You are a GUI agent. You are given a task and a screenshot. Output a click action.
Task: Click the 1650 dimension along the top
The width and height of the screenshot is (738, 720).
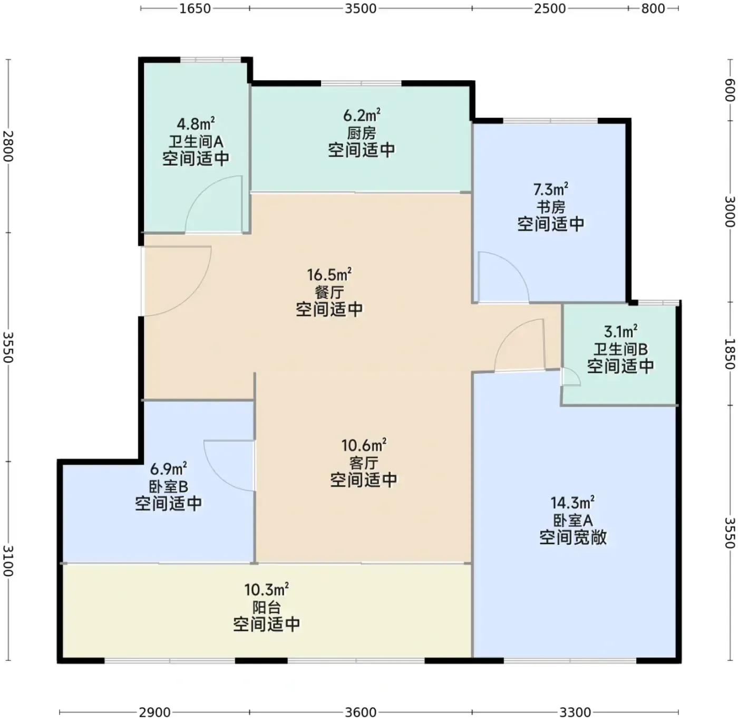195,8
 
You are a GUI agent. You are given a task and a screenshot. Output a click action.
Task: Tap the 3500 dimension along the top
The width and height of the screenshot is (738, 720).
360,8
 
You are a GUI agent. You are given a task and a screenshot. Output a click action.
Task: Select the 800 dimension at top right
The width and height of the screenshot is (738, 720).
653,8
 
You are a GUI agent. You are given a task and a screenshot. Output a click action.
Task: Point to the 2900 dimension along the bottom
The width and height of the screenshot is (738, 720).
155,713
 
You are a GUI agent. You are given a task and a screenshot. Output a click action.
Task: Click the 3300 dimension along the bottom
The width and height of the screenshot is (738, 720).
575,713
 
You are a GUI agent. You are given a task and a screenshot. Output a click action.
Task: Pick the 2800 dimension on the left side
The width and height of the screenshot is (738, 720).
8,146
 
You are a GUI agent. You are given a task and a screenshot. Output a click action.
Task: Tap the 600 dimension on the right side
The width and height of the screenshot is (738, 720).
730,90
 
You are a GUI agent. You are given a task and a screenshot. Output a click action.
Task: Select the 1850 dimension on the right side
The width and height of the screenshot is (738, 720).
730,354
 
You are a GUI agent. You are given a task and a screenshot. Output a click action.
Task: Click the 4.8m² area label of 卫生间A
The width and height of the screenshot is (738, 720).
196,123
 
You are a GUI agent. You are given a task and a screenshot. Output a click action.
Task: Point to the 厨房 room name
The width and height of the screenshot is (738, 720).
362,133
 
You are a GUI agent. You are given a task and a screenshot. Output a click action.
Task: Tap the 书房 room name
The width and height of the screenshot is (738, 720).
551,207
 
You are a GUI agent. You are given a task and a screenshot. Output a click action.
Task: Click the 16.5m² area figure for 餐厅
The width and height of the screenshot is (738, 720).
329,274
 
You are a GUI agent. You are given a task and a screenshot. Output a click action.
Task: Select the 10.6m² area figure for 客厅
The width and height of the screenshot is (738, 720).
364,445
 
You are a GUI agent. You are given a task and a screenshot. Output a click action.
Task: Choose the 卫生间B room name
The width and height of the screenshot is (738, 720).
620,349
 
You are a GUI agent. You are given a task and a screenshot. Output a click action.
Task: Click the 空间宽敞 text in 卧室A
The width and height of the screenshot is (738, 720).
572,537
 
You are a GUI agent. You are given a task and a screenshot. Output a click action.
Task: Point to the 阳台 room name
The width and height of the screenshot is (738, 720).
267,607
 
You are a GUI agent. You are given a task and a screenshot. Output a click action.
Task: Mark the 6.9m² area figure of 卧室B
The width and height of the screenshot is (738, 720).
168,469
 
